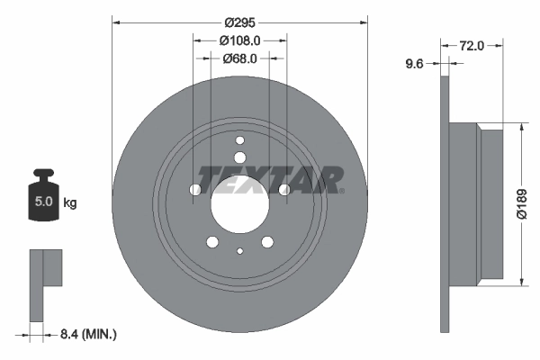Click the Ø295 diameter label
coord(239,22)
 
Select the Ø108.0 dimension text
coord(239,40)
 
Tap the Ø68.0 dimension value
coord(239,58)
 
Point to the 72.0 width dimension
coord(472,45)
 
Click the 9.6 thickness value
coord(415,63)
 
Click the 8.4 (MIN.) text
coord(86,334)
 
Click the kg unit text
coord(70,203)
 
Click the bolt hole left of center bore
coord(195,189)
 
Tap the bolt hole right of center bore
coord(284,189)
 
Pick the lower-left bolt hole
coord(212,241)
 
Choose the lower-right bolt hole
coord(267,241)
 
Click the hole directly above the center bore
coord(239,140)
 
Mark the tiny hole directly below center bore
coord(239,252)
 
